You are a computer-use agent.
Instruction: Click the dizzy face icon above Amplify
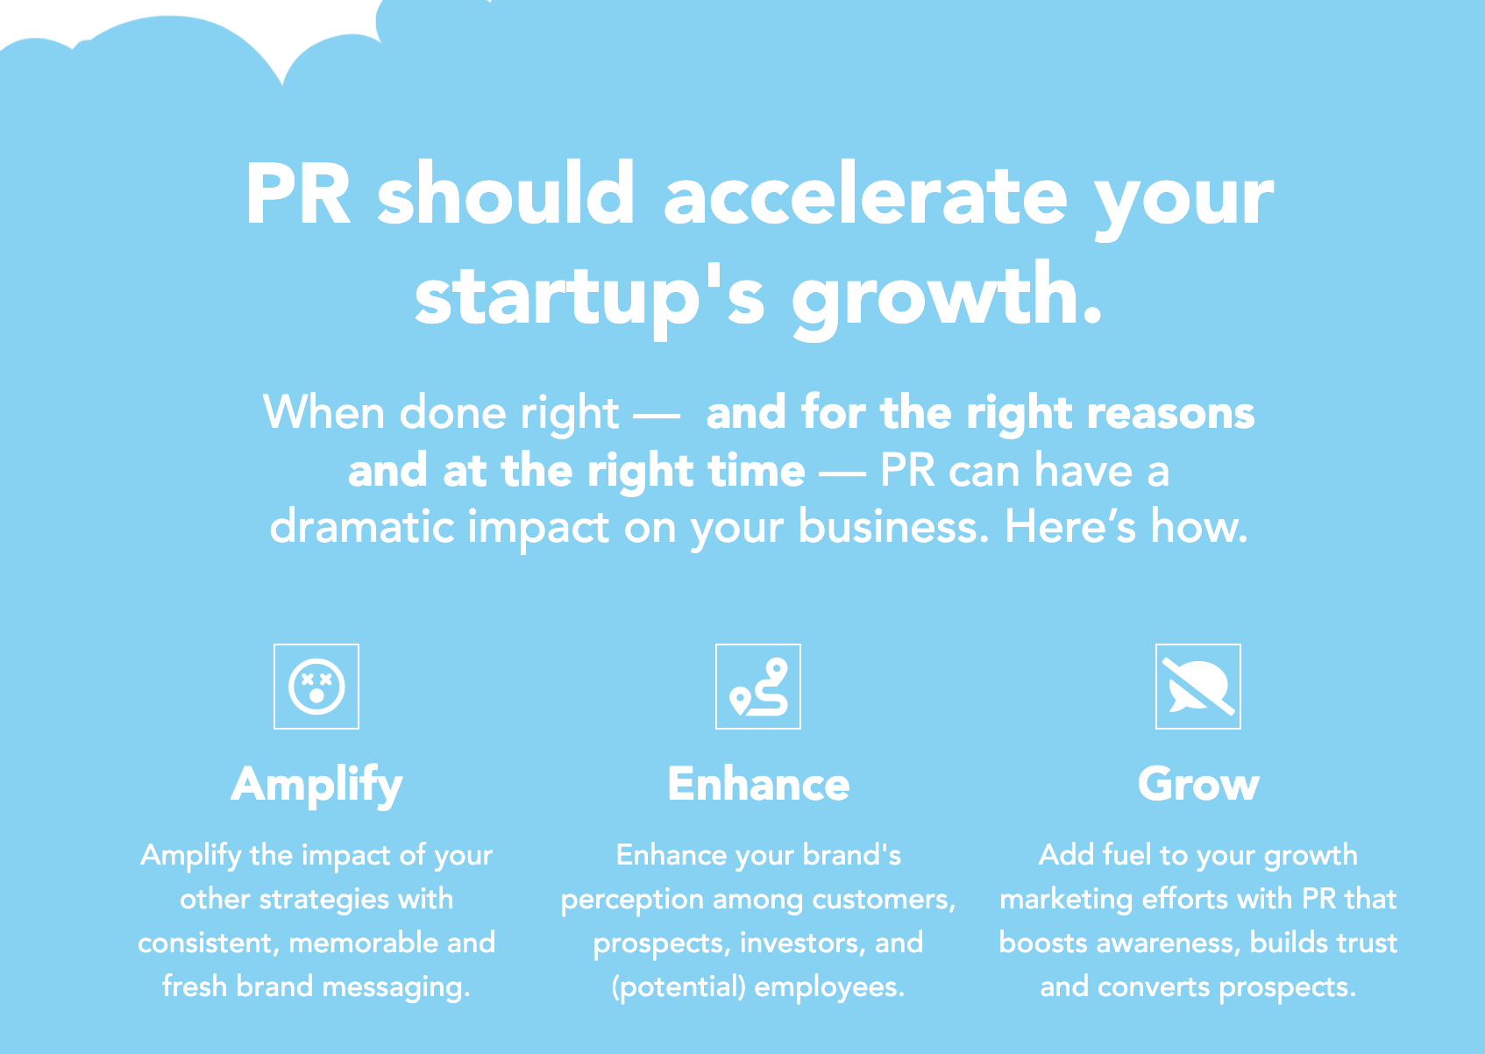coord(316,687)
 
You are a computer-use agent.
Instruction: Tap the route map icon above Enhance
coord(758,687)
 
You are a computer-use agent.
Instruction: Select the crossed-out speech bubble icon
coord(1198,687)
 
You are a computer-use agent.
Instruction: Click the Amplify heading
coord(316,786)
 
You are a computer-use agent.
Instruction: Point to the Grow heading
coord(1198,784)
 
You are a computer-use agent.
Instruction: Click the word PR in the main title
coord(298,195)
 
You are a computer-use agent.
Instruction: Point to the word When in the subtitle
coord(323,412)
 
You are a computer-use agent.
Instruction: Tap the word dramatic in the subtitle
coord(362,527)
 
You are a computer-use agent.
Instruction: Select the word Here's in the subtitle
coord(1069,527)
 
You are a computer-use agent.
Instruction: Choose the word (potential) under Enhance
coord(679,987)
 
